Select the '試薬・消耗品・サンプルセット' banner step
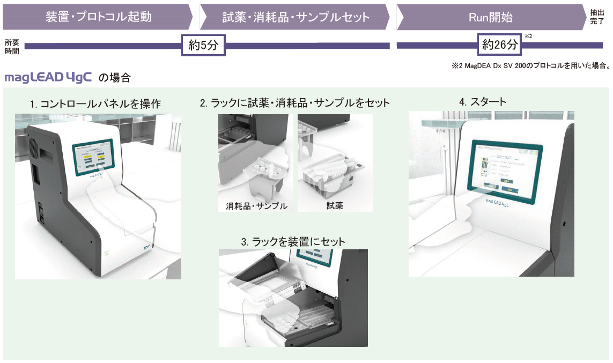tap(296, 17)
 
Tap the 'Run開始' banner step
tap(490, 17)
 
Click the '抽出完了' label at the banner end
tap(597, 17)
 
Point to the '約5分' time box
tap(203, 45)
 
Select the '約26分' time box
tap(500, 45)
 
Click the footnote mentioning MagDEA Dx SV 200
tap(531, 66)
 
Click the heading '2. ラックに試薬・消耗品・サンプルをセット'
tap(294, 102)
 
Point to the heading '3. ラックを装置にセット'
tap(293, 242)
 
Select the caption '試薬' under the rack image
tap(335, 206)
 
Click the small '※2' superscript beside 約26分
tap(528, 36)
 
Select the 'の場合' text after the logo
tap(114, 78)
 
